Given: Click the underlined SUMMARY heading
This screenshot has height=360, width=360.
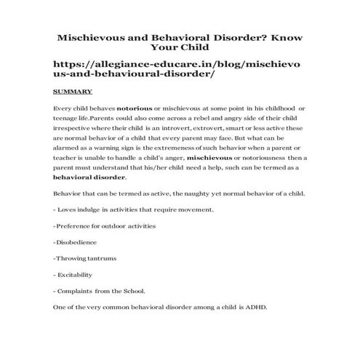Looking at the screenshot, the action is click(72, 92).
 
